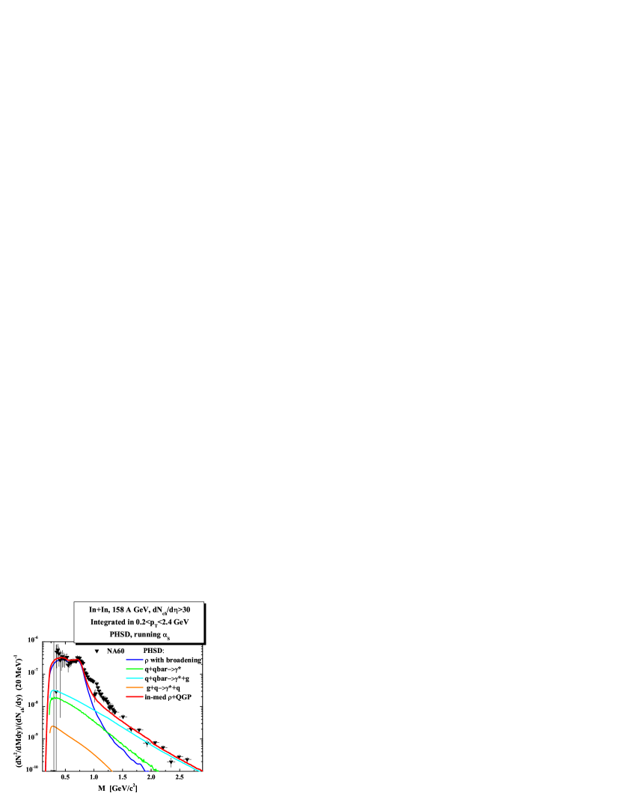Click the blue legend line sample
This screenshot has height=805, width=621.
coord(135,660)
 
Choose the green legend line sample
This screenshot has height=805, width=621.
coord(135,669)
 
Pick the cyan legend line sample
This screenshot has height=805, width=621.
coord(135,678)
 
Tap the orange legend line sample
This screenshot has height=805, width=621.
coord(135,687)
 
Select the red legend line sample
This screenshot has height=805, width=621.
coord(135,696)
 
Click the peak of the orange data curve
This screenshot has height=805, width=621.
coord(52,726)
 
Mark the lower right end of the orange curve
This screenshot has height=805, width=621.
coord(111,769)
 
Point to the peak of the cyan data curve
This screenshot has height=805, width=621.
coord(52,690)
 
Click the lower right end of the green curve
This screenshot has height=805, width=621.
coord(157,769)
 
